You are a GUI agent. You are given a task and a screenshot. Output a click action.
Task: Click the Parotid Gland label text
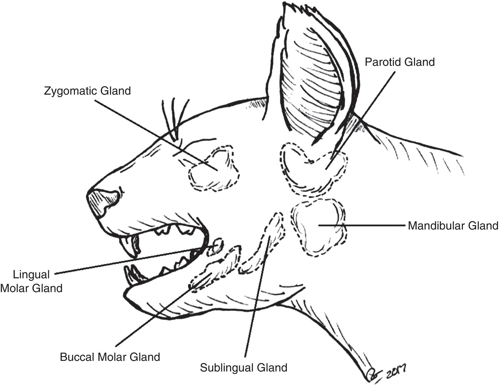(x=400, y=62)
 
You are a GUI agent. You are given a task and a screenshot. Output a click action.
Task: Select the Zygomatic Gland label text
(x=87, y=91)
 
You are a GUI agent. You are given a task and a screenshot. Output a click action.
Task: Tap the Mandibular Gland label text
(x=453, y=226)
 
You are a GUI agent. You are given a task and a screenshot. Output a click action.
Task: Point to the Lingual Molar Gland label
(x=31, y=281)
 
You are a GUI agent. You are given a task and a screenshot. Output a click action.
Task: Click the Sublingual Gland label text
(x=244, y=367)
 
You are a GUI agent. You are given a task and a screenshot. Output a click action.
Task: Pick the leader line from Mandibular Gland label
(x=362, y=226)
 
